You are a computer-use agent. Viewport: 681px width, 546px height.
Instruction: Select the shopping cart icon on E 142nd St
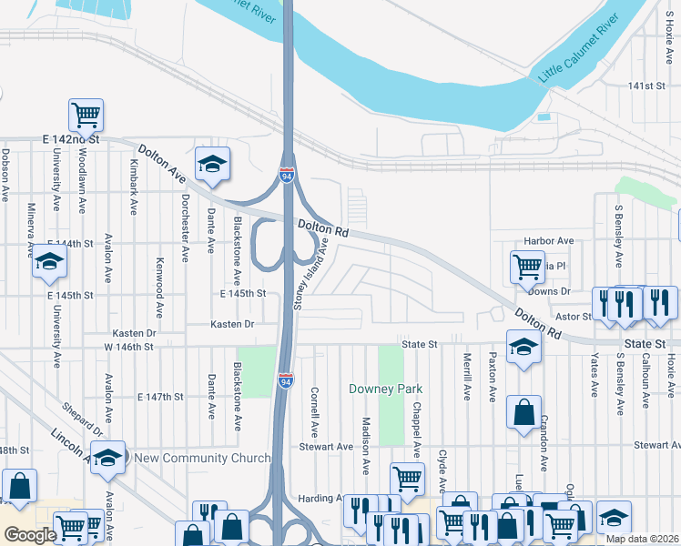(86, 116)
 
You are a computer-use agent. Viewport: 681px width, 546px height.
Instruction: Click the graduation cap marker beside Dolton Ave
(212, 164)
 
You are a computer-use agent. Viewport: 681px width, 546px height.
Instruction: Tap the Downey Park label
(386, 389)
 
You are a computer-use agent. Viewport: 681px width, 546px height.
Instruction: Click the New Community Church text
(202, 458)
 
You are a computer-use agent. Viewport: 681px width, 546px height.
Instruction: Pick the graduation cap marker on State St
(523, 349)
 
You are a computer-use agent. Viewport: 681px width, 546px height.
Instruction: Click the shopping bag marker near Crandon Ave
(524, 413)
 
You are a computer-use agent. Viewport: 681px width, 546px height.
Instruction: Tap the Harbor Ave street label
(549, 241)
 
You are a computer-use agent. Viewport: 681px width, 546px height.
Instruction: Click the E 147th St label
(160, 398)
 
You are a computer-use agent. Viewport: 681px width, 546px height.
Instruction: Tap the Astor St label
(574, 316)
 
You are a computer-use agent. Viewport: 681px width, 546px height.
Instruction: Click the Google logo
(30, 535)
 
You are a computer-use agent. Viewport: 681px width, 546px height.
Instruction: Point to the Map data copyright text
(642, 539)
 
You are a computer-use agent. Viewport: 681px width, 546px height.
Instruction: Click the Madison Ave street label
(366, 446)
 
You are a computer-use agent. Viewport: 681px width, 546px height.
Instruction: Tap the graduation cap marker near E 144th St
(50, 262)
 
